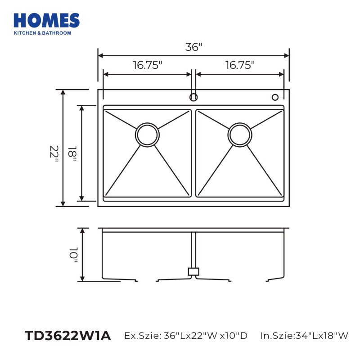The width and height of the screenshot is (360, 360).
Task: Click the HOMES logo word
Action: pos(47,20)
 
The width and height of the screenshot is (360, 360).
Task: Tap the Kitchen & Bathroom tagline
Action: pos(42,33)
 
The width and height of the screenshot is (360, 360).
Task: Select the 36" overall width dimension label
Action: pos(194,47)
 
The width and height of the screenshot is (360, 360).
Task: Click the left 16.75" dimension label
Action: pos(148,65)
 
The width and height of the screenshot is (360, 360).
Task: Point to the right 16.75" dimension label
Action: pos(240,65)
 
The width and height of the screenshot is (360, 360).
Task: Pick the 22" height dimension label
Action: pos(54,154)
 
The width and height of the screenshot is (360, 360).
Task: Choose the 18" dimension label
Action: pos(72,153)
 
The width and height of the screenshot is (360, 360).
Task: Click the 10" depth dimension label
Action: pos(74,255)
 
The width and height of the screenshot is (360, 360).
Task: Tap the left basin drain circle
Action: pos(148,135)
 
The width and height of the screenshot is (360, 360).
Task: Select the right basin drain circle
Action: pos(240,135)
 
